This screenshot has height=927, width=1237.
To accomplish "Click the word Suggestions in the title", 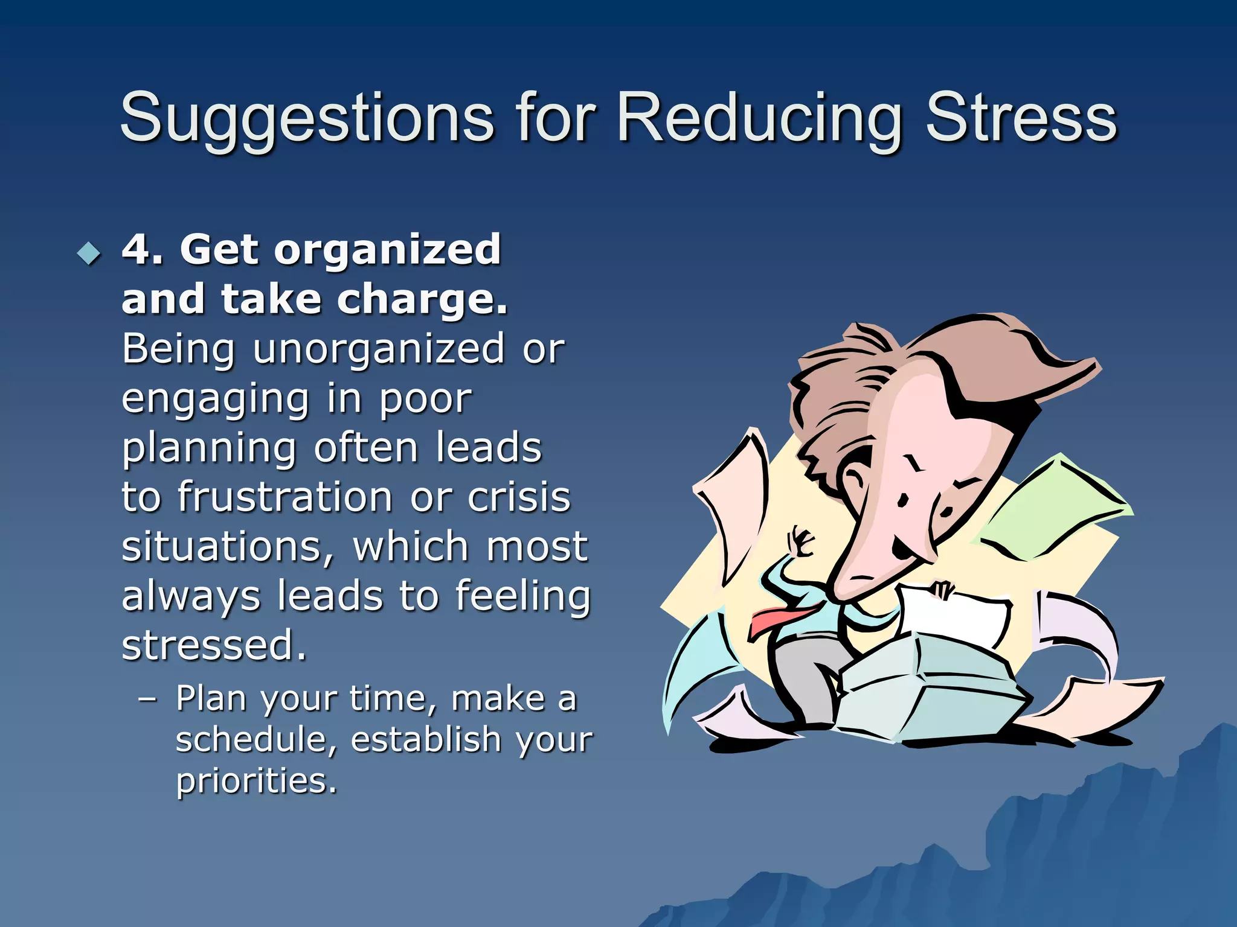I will coord(307,118).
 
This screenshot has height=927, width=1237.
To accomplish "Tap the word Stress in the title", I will coord(1021,118).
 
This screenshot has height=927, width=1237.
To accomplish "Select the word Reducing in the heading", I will coord(759,118).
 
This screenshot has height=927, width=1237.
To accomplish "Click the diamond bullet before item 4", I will coord(89,253).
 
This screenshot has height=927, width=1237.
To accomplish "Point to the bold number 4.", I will coord(137,249).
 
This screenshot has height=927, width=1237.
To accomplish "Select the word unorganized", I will coord(378,349).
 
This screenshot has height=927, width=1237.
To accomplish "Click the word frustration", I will coord(286,498).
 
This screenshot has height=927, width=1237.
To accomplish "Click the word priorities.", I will coord(255,781).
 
